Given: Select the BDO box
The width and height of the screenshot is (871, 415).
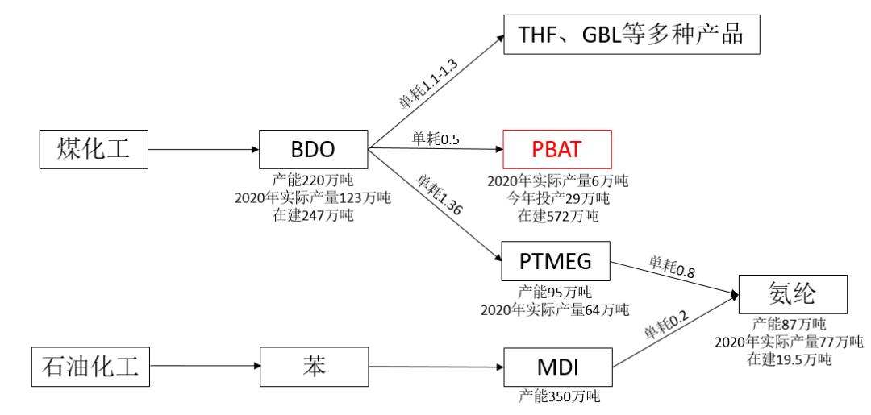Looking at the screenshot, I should click(313, 149).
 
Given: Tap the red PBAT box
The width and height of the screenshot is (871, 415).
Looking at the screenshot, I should click(557, 149).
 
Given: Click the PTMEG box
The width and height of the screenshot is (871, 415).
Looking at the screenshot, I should click(557, 262).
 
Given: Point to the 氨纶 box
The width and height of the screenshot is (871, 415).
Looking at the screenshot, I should click(793, 295).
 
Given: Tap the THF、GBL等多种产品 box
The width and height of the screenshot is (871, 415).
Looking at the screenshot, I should click(632, 35).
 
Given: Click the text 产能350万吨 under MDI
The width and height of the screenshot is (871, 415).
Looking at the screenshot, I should click(558, 396).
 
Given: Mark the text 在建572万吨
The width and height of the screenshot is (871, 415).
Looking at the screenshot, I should click(558, 215).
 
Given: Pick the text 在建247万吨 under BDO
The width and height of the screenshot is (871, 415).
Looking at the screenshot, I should click(312, 215).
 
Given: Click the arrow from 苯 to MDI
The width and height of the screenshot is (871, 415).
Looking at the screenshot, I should click(435, 367).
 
